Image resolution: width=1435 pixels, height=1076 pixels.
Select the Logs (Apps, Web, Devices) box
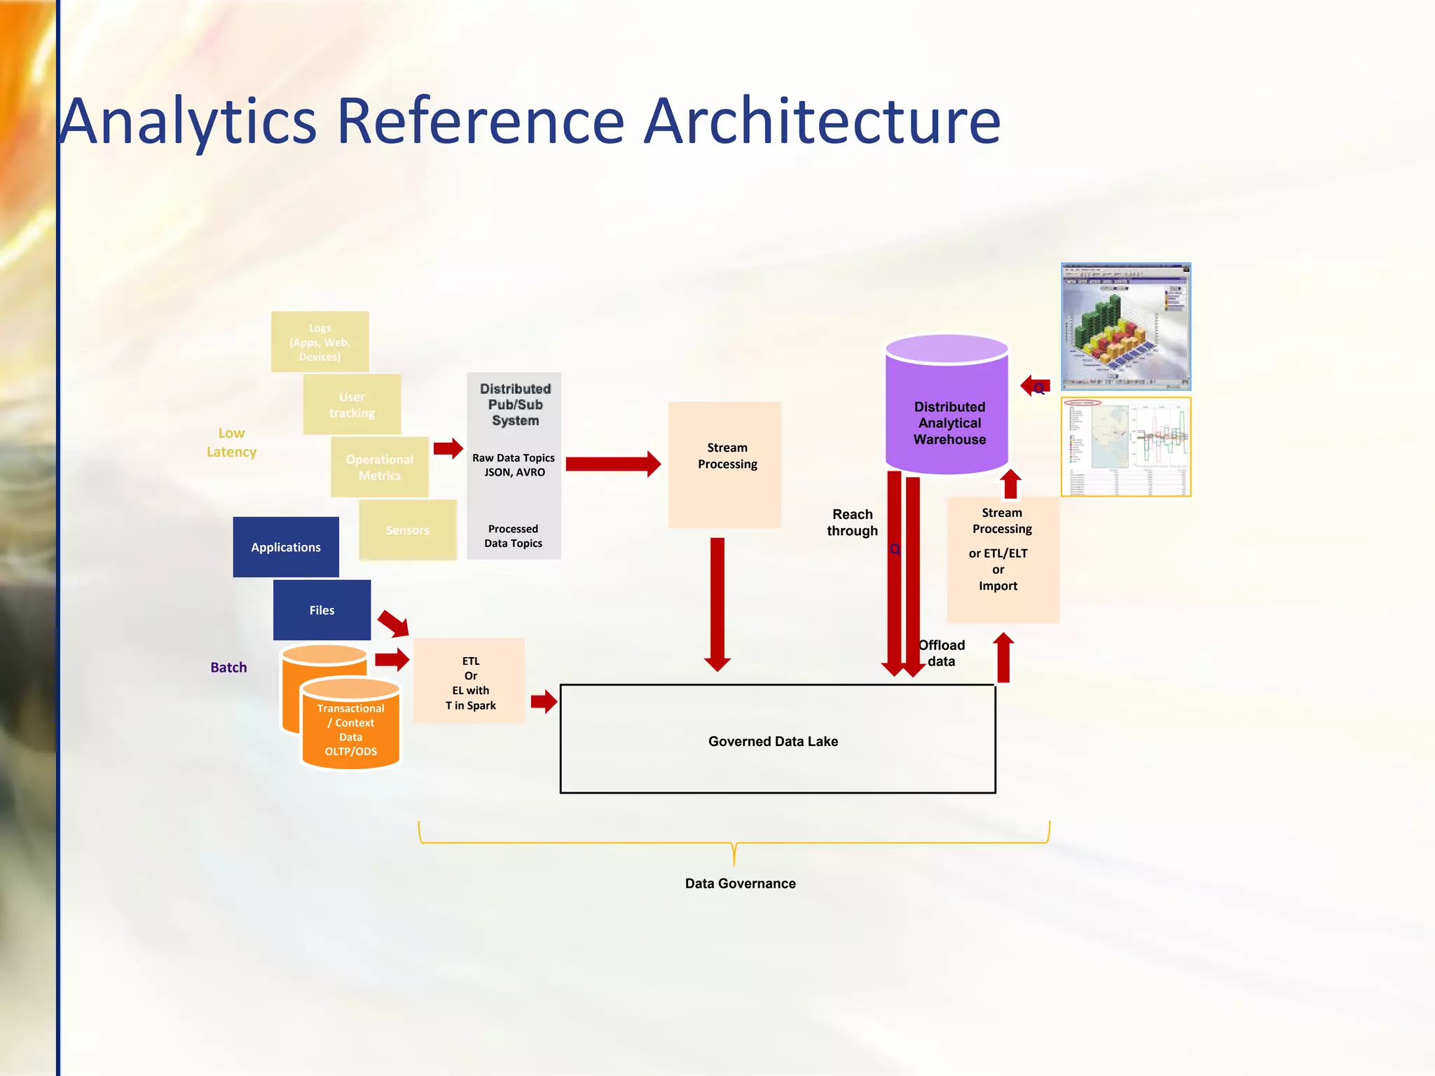point(320,342)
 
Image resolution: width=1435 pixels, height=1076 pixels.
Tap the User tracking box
point(352,404)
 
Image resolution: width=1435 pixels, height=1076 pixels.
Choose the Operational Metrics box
point(379,467)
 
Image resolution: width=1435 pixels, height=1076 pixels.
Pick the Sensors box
point(407,530)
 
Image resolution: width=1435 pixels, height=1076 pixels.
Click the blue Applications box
point(286,547)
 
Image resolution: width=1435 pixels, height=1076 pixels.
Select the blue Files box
point(322,610)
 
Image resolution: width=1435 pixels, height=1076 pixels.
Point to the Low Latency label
point(231,442)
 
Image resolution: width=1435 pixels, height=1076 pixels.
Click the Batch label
point(228,668)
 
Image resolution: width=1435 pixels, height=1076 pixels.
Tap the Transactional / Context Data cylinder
point(350,729)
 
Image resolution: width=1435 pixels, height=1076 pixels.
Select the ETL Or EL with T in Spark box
point(470,683)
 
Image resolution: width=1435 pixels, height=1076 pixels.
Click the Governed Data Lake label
point(773,741)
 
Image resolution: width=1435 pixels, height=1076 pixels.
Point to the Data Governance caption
point(740,883)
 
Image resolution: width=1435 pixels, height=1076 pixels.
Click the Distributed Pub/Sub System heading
point(515,405)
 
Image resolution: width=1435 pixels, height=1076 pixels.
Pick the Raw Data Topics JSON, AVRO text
point(514,465)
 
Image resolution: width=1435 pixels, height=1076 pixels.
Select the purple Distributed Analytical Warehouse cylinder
point(947,413)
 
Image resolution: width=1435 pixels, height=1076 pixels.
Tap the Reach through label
point(852,523)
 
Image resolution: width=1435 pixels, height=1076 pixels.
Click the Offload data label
point(942,653)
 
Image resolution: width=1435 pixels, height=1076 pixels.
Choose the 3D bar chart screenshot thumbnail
point(1125,326)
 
